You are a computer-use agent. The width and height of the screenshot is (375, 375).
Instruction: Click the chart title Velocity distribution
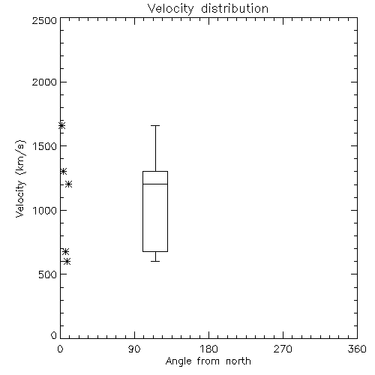(208, 9)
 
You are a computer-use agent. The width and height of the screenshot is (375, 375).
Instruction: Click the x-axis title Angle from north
(208, 361)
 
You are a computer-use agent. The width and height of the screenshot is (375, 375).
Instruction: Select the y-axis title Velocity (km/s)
(20, 178)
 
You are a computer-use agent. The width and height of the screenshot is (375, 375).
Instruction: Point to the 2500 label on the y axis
(44, 20)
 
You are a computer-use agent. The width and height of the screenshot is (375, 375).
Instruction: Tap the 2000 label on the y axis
(44, 82)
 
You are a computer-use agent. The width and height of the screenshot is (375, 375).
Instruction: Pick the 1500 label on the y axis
(45, 146)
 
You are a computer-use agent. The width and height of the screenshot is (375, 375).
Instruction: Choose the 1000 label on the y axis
(45, 210)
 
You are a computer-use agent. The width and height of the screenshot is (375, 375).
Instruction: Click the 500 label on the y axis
(48, 274)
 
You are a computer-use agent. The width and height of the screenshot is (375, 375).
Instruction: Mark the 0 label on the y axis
(54, 335)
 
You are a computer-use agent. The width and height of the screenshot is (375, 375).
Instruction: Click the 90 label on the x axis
(134, 349)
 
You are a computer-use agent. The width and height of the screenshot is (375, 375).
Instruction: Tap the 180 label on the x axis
(208, 349)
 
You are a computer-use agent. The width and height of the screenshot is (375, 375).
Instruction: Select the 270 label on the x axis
(283, 349)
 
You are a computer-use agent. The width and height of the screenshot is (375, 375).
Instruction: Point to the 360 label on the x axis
(357, 349)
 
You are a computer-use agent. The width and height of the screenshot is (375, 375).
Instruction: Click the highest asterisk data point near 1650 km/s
(61, 125)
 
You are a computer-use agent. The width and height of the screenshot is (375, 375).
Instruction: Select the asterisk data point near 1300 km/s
(64, 172)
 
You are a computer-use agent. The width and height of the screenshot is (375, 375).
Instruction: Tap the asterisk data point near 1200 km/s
(69, 184)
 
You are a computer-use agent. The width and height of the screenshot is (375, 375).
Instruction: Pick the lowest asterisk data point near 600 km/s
(67, 262)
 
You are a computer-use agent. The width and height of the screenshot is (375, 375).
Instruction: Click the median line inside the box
(155, 184)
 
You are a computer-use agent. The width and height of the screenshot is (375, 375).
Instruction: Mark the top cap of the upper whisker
(155, 125)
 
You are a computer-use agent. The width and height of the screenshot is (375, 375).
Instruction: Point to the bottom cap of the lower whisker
(155, 261)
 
